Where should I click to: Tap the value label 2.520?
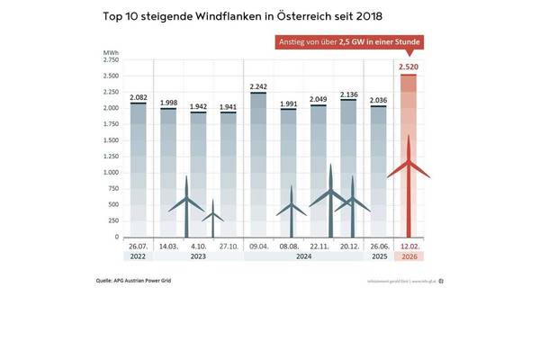pyautogui.click(x=408, y=67)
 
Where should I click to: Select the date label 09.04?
pyautogui.click(x=258, y=246)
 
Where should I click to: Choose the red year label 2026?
pyautogui.click(x=408, y=256)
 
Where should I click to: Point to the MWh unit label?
pyautogui.click(x=111, y=54)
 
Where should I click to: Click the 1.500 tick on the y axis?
pyautogui.click(x=112, y=140)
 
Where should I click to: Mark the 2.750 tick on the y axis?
pyautogui.click(x=112, y=59)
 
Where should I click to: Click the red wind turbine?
pyautogui.click(x=409, y=180)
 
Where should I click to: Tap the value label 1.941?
pyautogui.click(x=228, y=106)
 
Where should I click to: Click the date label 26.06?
pyautogui.click(x=379, y=246)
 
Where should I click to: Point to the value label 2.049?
pyautogui.click(x=318, y=99)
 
